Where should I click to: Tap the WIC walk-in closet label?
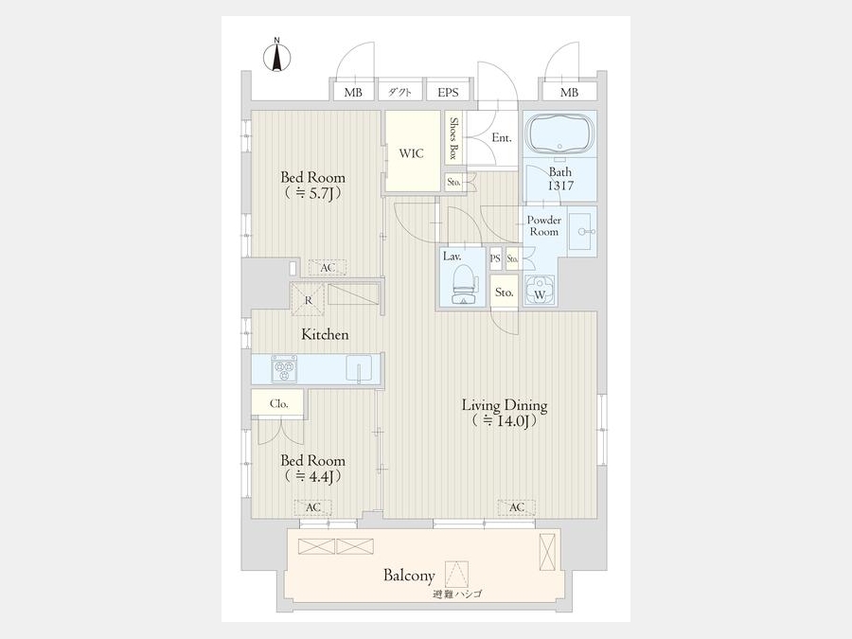tap(411, 153)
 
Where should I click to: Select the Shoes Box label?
tap(454, 138)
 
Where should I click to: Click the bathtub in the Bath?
tap(560, 133)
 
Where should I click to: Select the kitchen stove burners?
tap(284, 369)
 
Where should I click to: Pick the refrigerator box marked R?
tap(308, 299)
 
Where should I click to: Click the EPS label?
tap(449, 93)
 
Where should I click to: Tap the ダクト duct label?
tap(399, 93)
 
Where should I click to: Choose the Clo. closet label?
tap(278, 403)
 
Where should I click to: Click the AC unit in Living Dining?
tap(517, 507)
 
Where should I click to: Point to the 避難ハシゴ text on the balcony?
tap(457, 594)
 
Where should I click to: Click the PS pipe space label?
tap(495, 259)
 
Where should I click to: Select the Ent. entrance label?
tap(502, 138)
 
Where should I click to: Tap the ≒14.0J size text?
tap(505, 420)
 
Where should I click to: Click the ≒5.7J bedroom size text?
tap(312, 193)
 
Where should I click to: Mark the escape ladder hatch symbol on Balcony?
tap(456, 574)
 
